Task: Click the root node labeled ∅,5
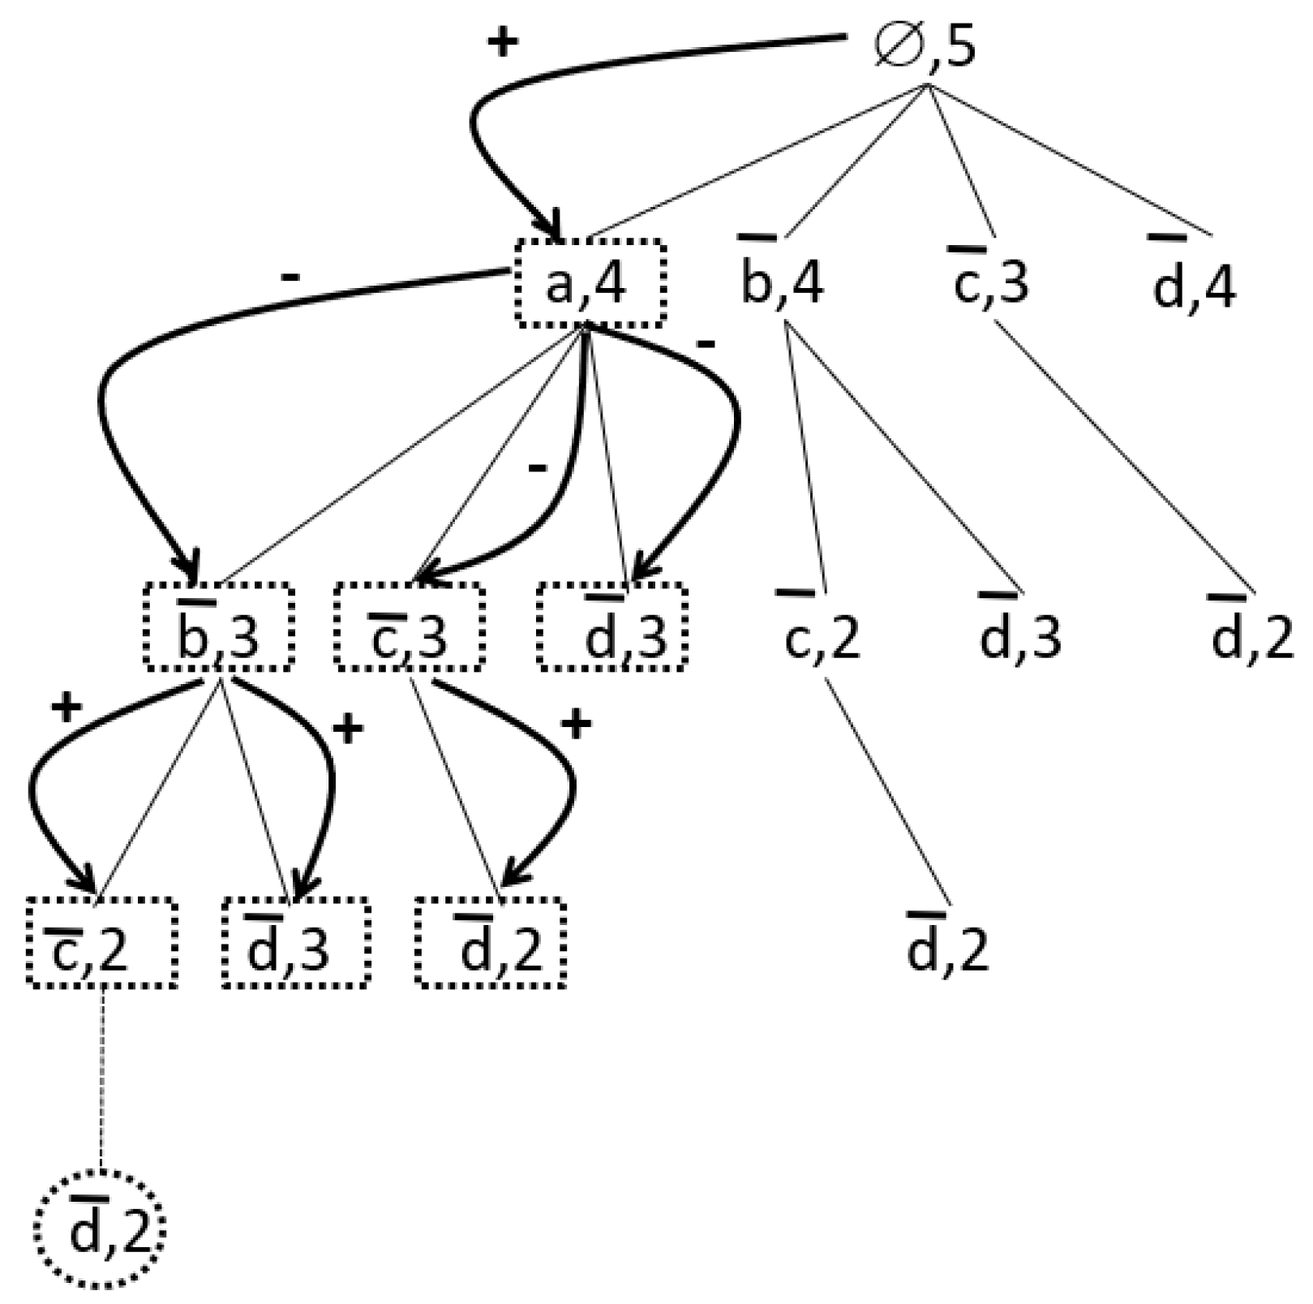pos(925,47)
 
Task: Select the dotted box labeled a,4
pos(591,284)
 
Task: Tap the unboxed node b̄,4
pos(782,280)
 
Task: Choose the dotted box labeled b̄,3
pos(218,627)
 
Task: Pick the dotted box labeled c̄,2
pos(101,943)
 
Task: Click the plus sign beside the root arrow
pos(502,42)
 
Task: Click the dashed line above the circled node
pos(101,1079)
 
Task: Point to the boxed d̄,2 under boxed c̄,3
pos(490,943)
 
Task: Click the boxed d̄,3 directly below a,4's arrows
pos(612,627)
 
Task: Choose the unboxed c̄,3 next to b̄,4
pos(989,280)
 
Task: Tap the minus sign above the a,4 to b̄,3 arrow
pos(290,278)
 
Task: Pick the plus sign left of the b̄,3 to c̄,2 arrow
pos(67,708)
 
